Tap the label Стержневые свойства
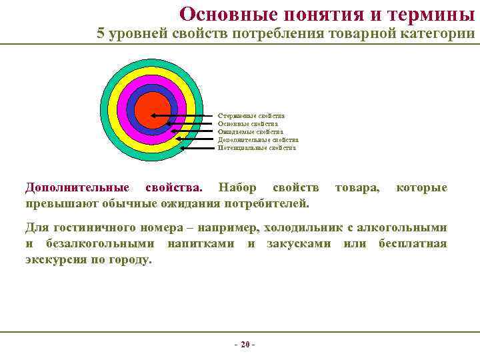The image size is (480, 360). coord(251,116)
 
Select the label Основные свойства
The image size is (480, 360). coord(248,124)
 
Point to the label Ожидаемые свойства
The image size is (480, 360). coord(250,132)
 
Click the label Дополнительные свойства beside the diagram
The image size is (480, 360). coord(258,140)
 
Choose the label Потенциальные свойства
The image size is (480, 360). coord(257,148)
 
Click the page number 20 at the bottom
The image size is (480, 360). coord(245,344)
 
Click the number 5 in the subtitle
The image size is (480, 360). coord(101,34)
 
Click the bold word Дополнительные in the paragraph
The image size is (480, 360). coord(77,187)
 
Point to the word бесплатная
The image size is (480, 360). coord(413,243)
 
